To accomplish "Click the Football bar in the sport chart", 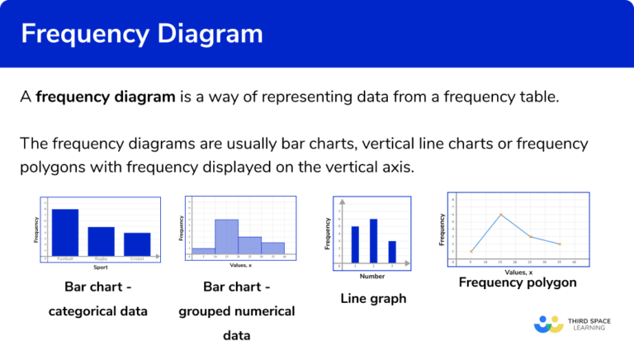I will [x=65, y=232].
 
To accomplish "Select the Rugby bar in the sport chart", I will [x=102, y=240].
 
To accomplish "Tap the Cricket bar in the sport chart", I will [x=137, y=244].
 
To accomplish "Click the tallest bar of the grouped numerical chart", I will [x=226, y=236].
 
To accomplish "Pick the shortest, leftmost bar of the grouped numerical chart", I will [x=204, y=250].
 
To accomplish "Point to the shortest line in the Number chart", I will [x=391, y=252].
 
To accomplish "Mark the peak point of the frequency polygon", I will [x=500, y=215].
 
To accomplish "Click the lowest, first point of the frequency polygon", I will [x=471, y=252].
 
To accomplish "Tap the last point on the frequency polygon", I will [x=560, y=244].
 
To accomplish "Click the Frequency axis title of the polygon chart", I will [x=442, y=228].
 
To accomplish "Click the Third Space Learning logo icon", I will [x=548, y=323].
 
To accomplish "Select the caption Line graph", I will [x=373, y=299].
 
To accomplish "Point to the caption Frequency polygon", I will [x=518, y=282].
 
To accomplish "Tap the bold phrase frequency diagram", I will [x=106, y=97].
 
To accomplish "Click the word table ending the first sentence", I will [x=540, y=97].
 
